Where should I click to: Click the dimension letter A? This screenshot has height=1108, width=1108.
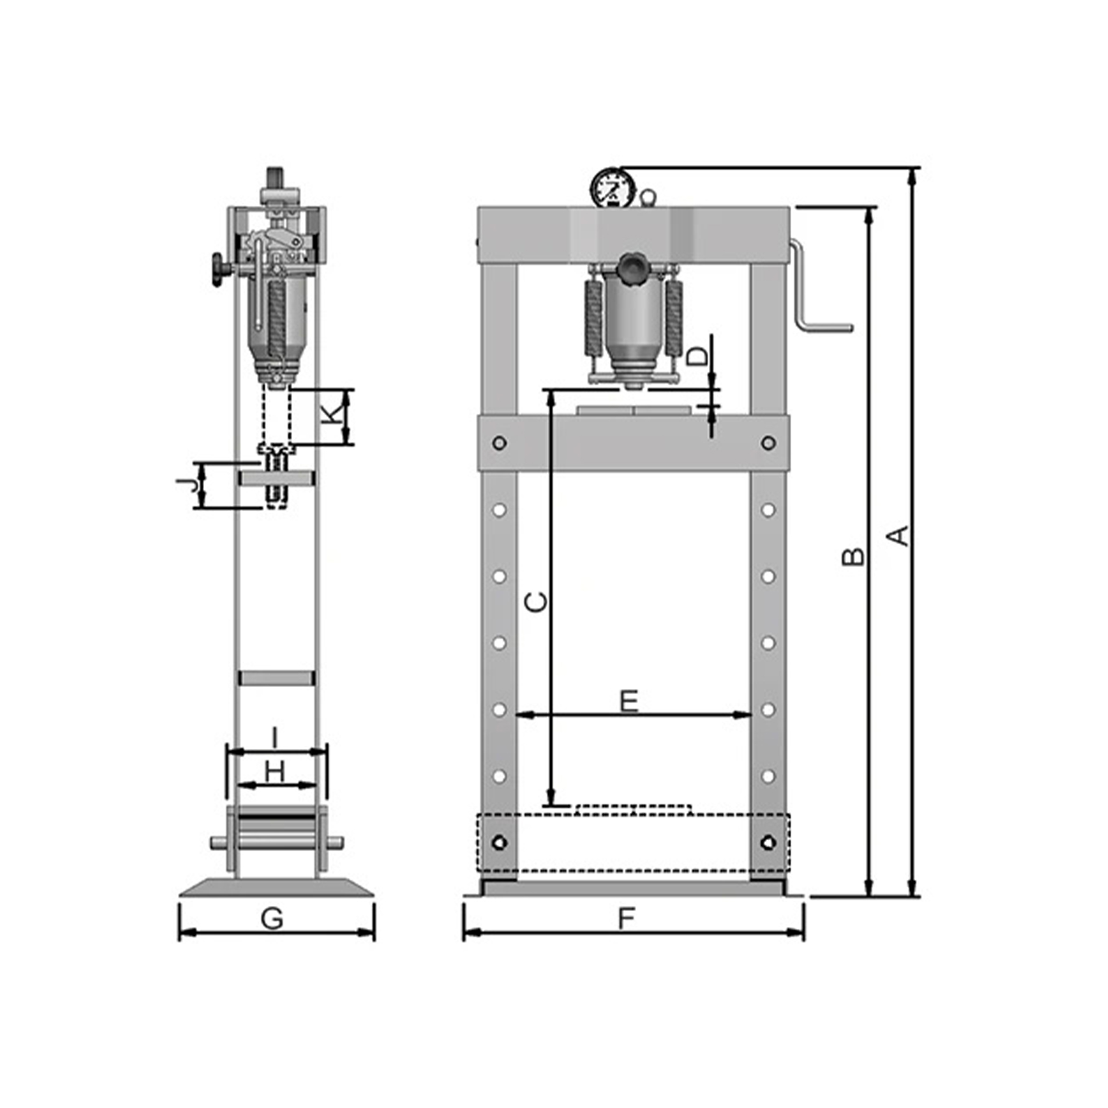[x=899, y=535]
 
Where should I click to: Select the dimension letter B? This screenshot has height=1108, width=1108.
[x=853, y=556]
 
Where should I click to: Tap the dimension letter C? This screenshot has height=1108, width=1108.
[x=536, y=602]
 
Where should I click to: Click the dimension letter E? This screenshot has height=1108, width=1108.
[x=629, y=701]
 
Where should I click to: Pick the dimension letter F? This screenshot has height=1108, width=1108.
[x=626, y=918]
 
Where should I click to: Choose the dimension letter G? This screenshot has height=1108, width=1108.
[x=272, y=918]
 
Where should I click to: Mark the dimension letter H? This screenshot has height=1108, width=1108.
[x=275, y=773]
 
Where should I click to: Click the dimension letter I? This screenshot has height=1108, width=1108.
[x=275, y=738]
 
